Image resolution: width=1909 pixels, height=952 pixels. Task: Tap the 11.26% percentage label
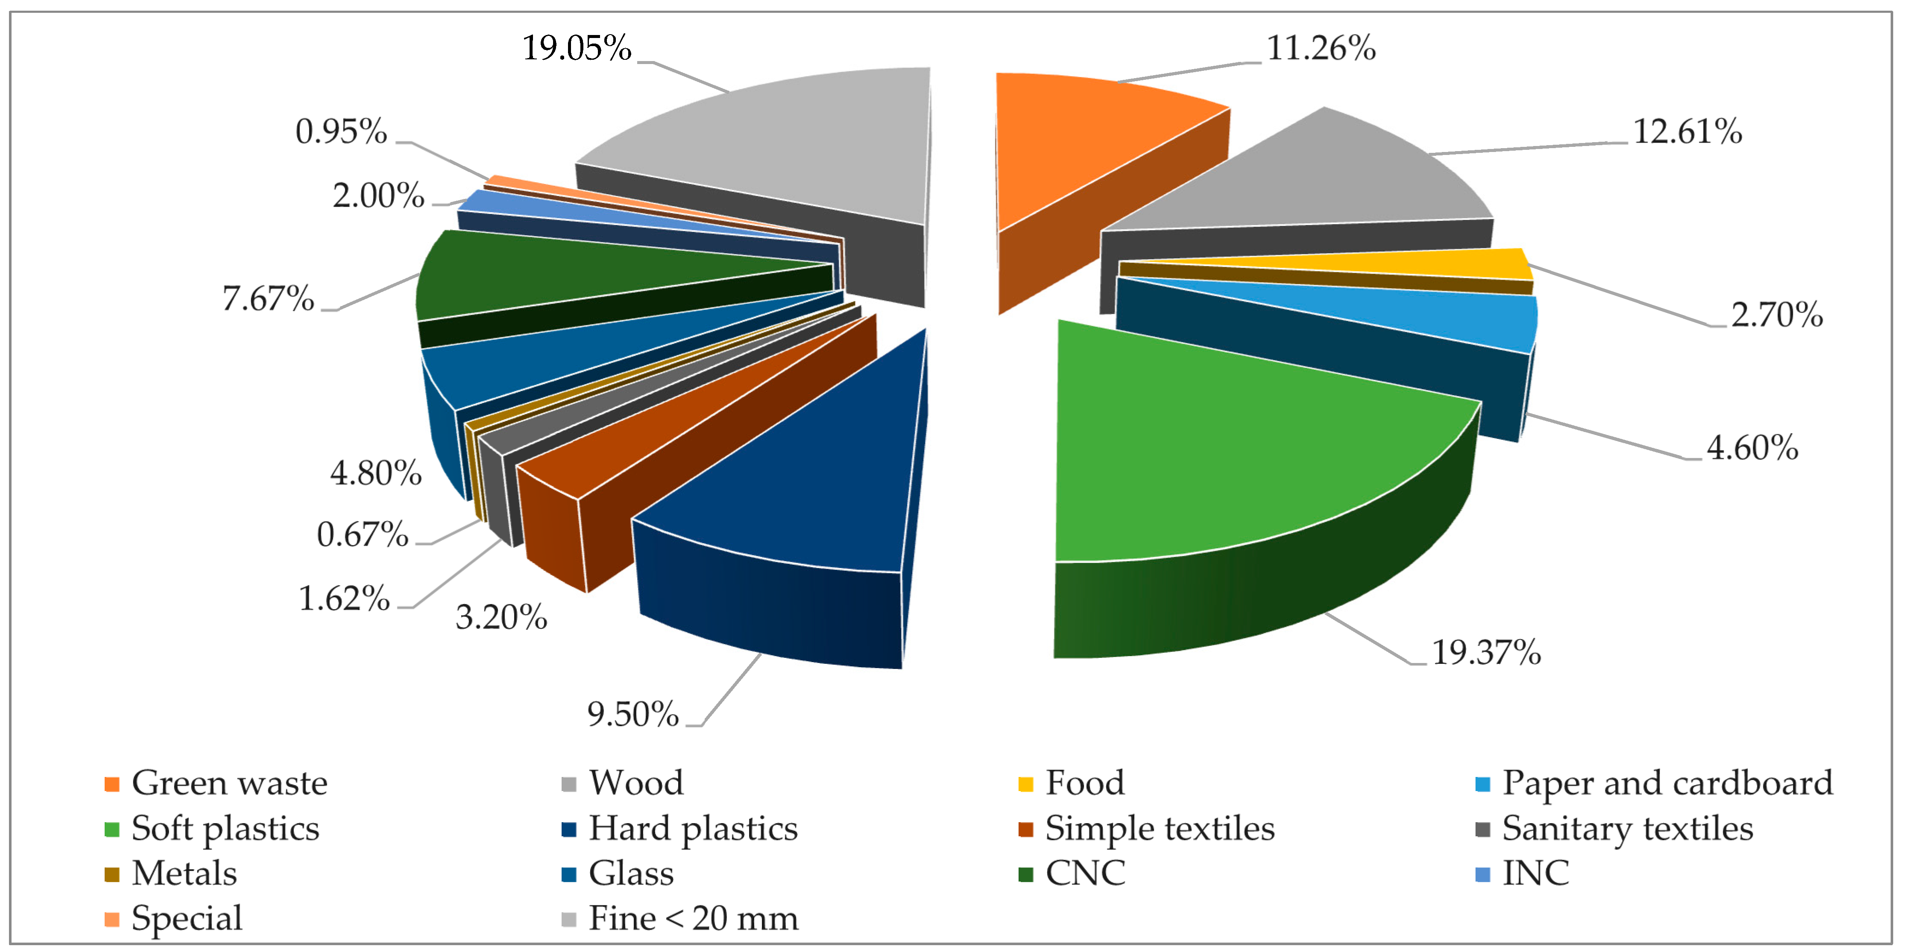pyautogui.click(x=1320, y=49)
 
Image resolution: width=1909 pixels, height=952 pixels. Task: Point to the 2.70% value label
pyautogui.click(x=1776, y=315)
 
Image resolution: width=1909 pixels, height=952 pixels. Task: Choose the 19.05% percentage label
pyautogui.click(x=577, y=49)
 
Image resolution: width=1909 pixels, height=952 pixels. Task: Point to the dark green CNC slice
pyautogui.click(x=563, y=278)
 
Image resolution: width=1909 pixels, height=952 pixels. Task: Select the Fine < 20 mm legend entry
pyautogui.click(x=693, y=919)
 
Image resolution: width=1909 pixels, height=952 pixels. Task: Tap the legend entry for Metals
pyautogui.click(x=184, y=873)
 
